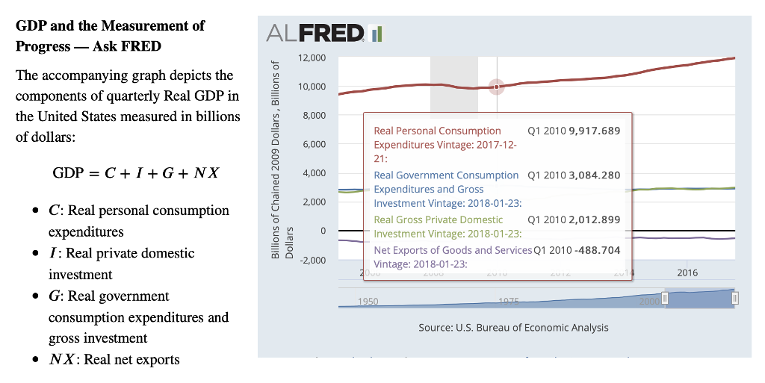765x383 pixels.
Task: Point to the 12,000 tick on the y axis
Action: point(311,58)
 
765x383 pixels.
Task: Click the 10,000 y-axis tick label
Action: point(311,87)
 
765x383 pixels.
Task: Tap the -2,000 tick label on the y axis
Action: point(312,260)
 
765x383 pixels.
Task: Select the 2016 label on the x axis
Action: point(687,273)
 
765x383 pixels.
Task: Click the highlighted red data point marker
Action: point(497,87)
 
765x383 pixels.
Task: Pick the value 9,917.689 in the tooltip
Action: point(594,131)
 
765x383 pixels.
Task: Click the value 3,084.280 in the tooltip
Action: point(594,175)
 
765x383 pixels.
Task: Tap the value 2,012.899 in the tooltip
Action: point(594,219)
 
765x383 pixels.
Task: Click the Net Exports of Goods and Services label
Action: point(452,250)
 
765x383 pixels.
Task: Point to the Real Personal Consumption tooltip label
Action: point(437,131)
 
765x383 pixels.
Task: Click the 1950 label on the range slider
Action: point(368,302)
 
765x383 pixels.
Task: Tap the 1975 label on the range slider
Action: point(509,302)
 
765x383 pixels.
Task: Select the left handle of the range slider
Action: point(665,298)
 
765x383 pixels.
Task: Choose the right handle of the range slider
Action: point(736,298)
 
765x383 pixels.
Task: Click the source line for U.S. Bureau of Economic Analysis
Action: point(513,328)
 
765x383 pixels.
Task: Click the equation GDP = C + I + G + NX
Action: point(135,173)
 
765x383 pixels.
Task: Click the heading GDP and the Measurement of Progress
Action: point(110,36)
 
